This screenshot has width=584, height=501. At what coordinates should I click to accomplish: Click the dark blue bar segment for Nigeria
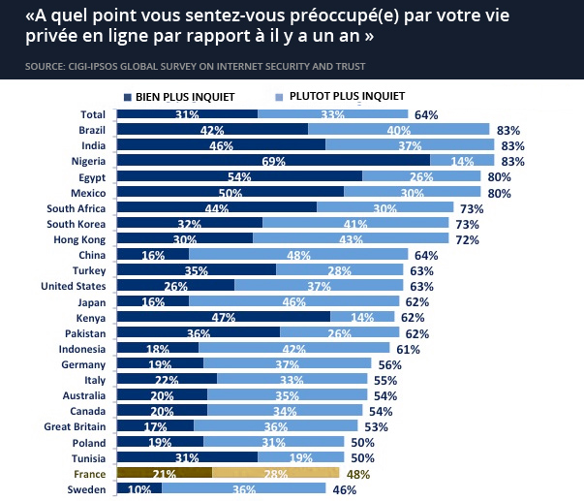tap(273, 161)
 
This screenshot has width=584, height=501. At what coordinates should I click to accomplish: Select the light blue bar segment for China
tap(298, 255)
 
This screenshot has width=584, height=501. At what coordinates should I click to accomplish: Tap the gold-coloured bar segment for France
tap(276, 473)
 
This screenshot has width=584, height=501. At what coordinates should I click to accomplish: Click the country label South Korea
tap(77, 224)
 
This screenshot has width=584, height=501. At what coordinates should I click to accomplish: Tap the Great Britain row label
tap(76, 426)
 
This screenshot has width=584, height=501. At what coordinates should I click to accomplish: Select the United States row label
tap(73, 286)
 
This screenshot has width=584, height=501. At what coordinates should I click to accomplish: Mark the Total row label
tap(92, 114)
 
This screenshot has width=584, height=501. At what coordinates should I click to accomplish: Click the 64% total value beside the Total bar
tap(426, 115)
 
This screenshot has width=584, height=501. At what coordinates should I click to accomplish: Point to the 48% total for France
tap(358, 475)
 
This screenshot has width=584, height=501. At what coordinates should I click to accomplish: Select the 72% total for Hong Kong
tap(468, 239)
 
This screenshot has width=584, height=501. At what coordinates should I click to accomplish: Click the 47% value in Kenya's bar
tap(225, 318)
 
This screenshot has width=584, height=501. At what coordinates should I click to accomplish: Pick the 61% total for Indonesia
tap(408, 349)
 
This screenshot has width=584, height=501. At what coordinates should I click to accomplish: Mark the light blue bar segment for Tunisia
tap(300, 458)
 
